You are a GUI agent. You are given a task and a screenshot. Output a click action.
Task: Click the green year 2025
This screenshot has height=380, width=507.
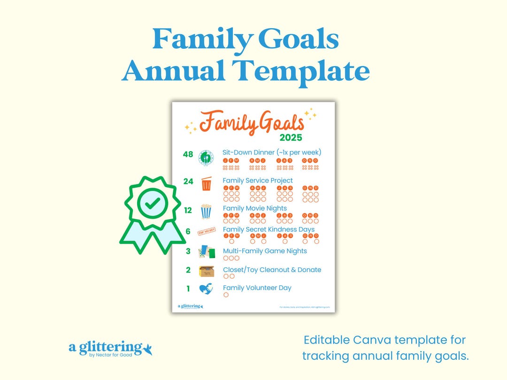point(291,138)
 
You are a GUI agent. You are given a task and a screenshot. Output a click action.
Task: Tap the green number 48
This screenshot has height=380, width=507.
point(188,154)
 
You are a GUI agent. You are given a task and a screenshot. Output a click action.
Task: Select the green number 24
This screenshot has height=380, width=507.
point(188,181)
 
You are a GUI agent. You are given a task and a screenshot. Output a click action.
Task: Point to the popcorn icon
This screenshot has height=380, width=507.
point(206,212)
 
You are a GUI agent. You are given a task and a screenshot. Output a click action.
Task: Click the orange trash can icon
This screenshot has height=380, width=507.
point(206,183)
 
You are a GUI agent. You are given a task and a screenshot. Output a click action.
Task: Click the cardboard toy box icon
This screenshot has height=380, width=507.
point(206,271)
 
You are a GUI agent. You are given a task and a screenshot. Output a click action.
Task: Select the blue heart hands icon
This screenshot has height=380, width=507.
point(206,289)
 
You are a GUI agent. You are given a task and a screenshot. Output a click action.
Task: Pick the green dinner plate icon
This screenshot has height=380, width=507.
point(206,158)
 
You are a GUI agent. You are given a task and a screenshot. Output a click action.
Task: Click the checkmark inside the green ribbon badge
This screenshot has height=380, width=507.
point(153,203)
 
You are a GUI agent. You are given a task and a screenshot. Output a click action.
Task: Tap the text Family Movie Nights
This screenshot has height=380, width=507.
point(254,208)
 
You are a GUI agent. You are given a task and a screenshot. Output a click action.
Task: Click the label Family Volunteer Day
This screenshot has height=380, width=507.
point(257,288)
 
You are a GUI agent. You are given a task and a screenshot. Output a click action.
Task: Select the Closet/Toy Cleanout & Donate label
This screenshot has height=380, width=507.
point(272,270)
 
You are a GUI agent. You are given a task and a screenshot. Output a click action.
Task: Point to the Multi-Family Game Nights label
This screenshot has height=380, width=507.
point(265,251)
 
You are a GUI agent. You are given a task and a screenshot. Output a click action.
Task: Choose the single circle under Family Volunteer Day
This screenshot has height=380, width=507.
point(226,295)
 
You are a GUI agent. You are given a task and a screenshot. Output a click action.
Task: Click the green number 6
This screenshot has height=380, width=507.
point(188,231)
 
